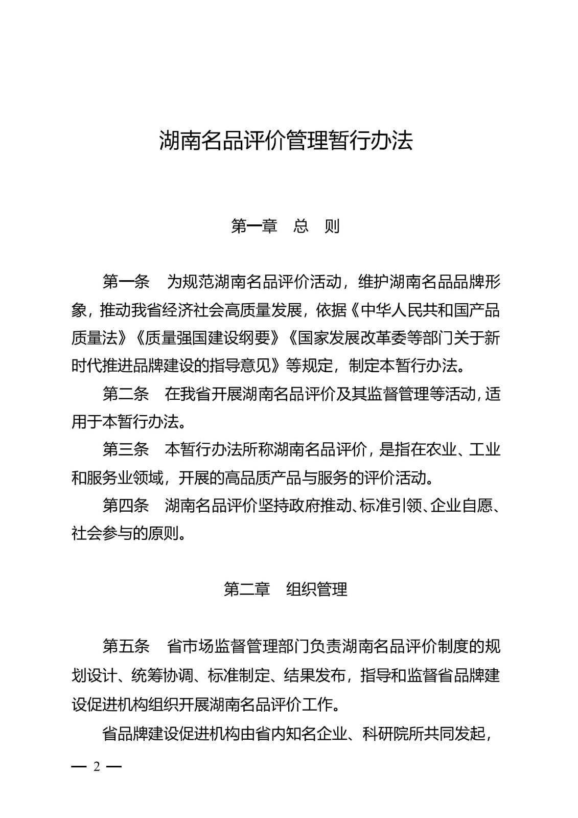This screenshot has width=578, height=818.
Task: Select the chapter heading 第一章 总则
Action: point(286,226)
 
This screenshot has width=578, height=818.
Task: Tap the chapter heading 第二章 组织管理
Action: point(286,589)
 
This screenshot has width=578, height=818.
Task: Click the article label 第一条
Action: point(126,282)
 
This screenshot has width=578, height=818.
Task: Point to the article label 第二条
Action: point(126,394)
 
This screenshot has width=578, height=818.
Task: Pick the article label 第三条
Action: point(126,450)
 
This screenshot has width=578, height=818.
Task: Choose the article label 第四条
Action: point(126,506)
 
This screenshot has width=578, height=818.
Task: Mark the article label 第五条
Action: point(126,646)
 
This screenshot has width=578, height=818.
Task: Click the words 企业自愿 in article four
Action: point(461,506)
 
